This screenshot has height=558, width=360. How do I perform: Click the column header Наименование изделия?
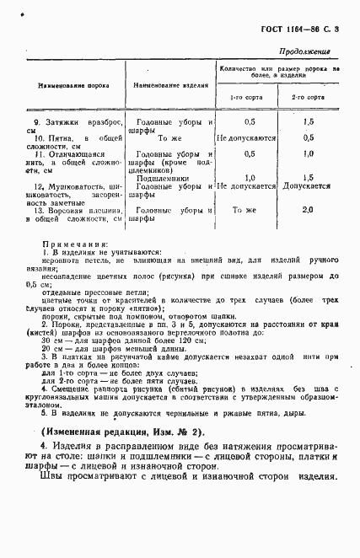164,86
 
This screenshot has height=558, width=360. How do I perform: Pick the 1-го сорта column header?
248,98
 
